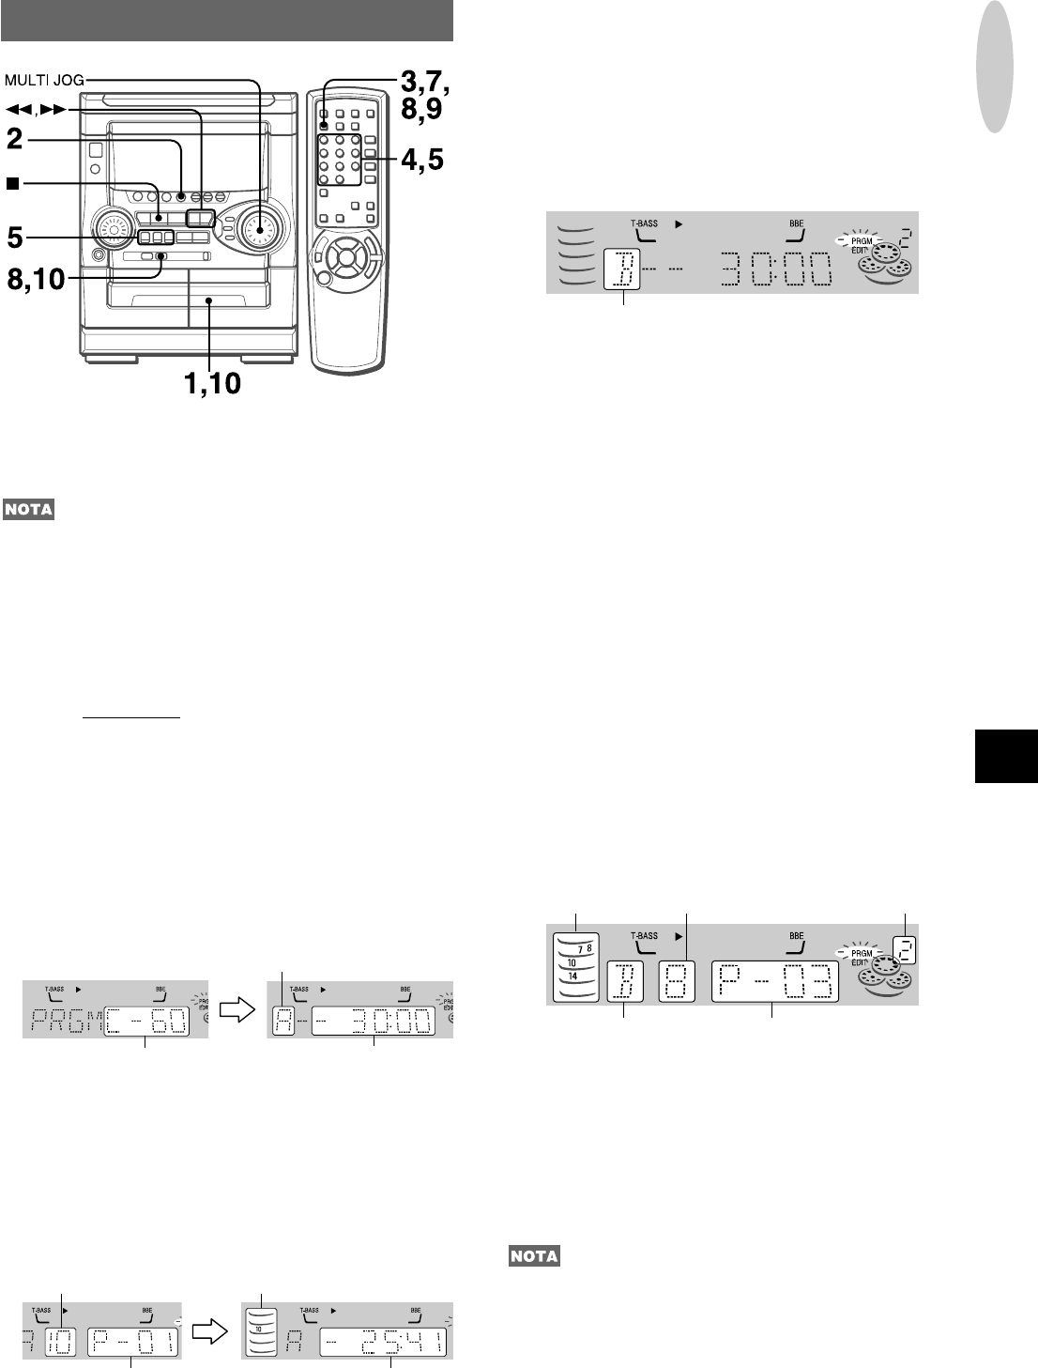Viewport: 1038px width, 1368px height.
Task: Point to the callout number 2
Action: point(14,141)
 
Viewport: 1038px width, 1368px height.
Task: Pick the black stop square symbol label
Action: point(11,184)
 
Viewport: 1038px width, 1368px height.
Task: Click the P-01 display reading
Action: point(132,1343)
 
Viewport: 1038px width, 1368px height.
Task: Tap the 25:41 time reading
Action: point(383,1343)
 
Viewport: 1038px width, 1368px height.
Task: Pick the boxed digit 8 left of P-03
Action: point(677,981)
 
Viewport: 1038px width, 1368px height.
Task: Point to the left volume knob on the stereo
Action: point(111,228)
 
